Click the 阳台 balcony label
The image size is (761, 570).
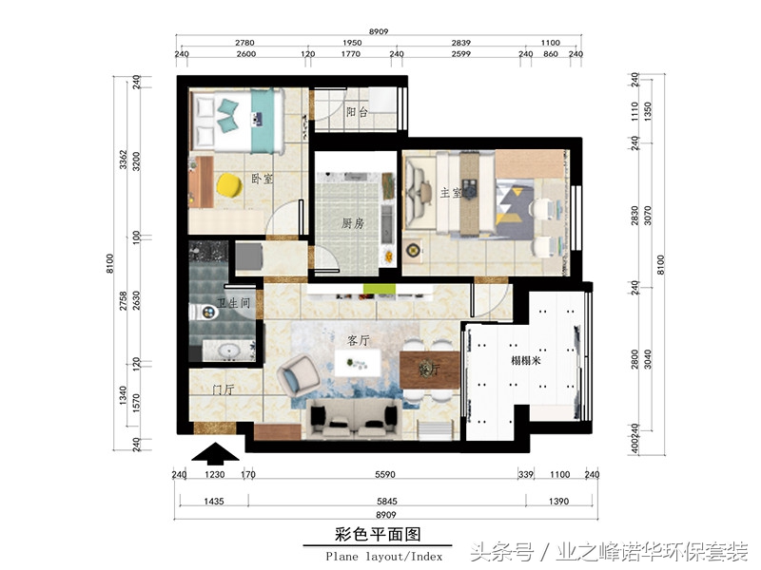click(357, 112)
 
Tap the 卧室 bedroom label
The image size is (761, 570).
click(263, 179)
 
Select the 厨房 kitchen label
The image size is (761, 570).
click(353, 224)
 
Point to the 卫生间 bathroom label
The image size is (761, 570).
click(233, 304)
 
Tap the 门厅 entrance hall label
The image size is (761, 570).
click(224, 389)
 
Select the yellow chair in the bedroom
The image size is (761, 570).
click(228, 184)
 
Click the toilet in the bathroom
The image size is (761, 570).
click(203, 311)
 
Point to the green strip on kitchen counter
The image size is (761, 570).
click(381, 287)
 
